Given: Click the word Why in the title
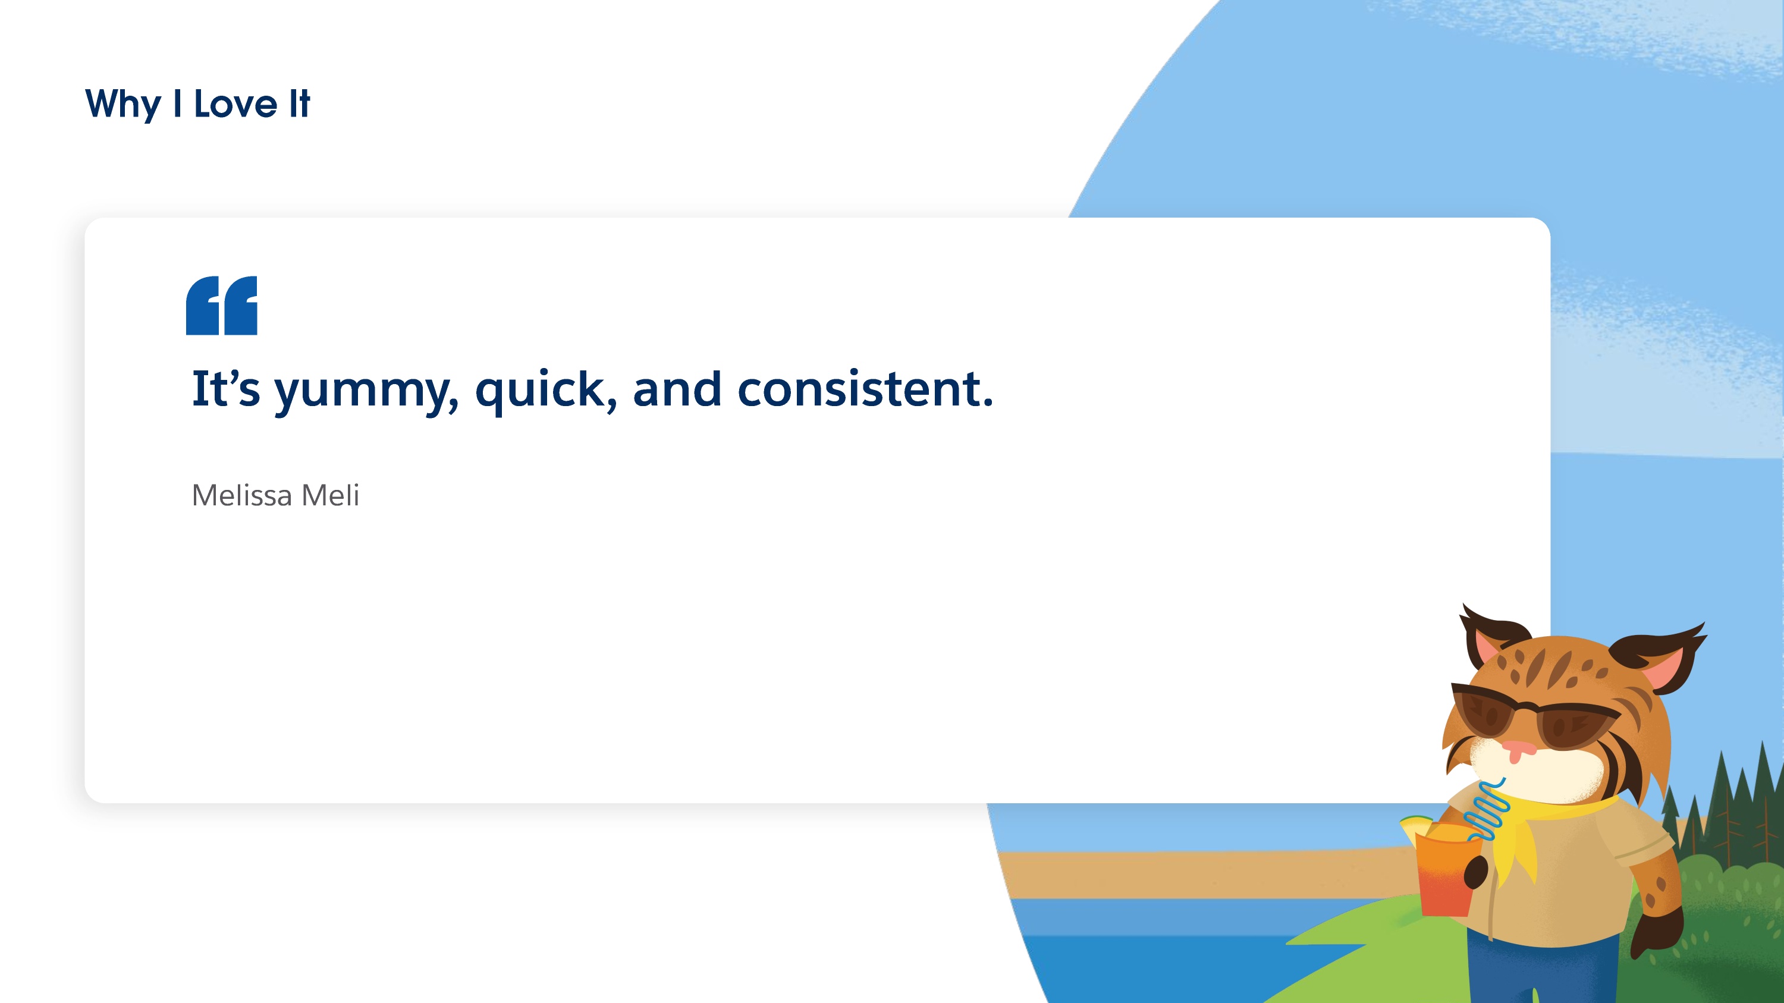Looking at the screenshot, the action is pyautogui.click(x=123, y=105).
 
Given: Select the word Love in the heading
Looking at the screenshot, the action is pyautogui.click(x=235, y=104).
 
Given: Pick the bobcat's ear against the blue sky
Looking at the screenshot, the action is pyautogui.click(x=1662, y=658).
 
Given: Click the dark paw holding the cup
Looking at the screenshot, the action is pyautogui.click(x=1476, y=872).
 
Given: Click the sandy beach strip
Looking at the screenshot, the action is pyautogui.click(x=1205, y=874).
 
